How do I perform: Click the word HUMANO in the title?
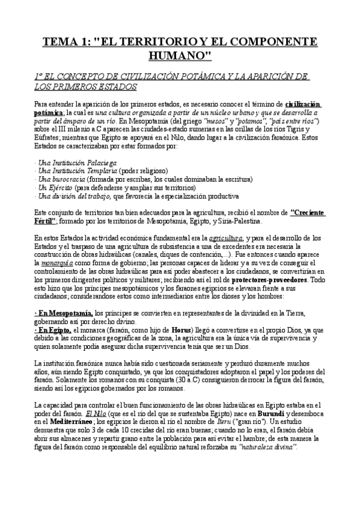pos(180,56)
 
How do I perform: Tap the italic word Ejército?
pos(59,188)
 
